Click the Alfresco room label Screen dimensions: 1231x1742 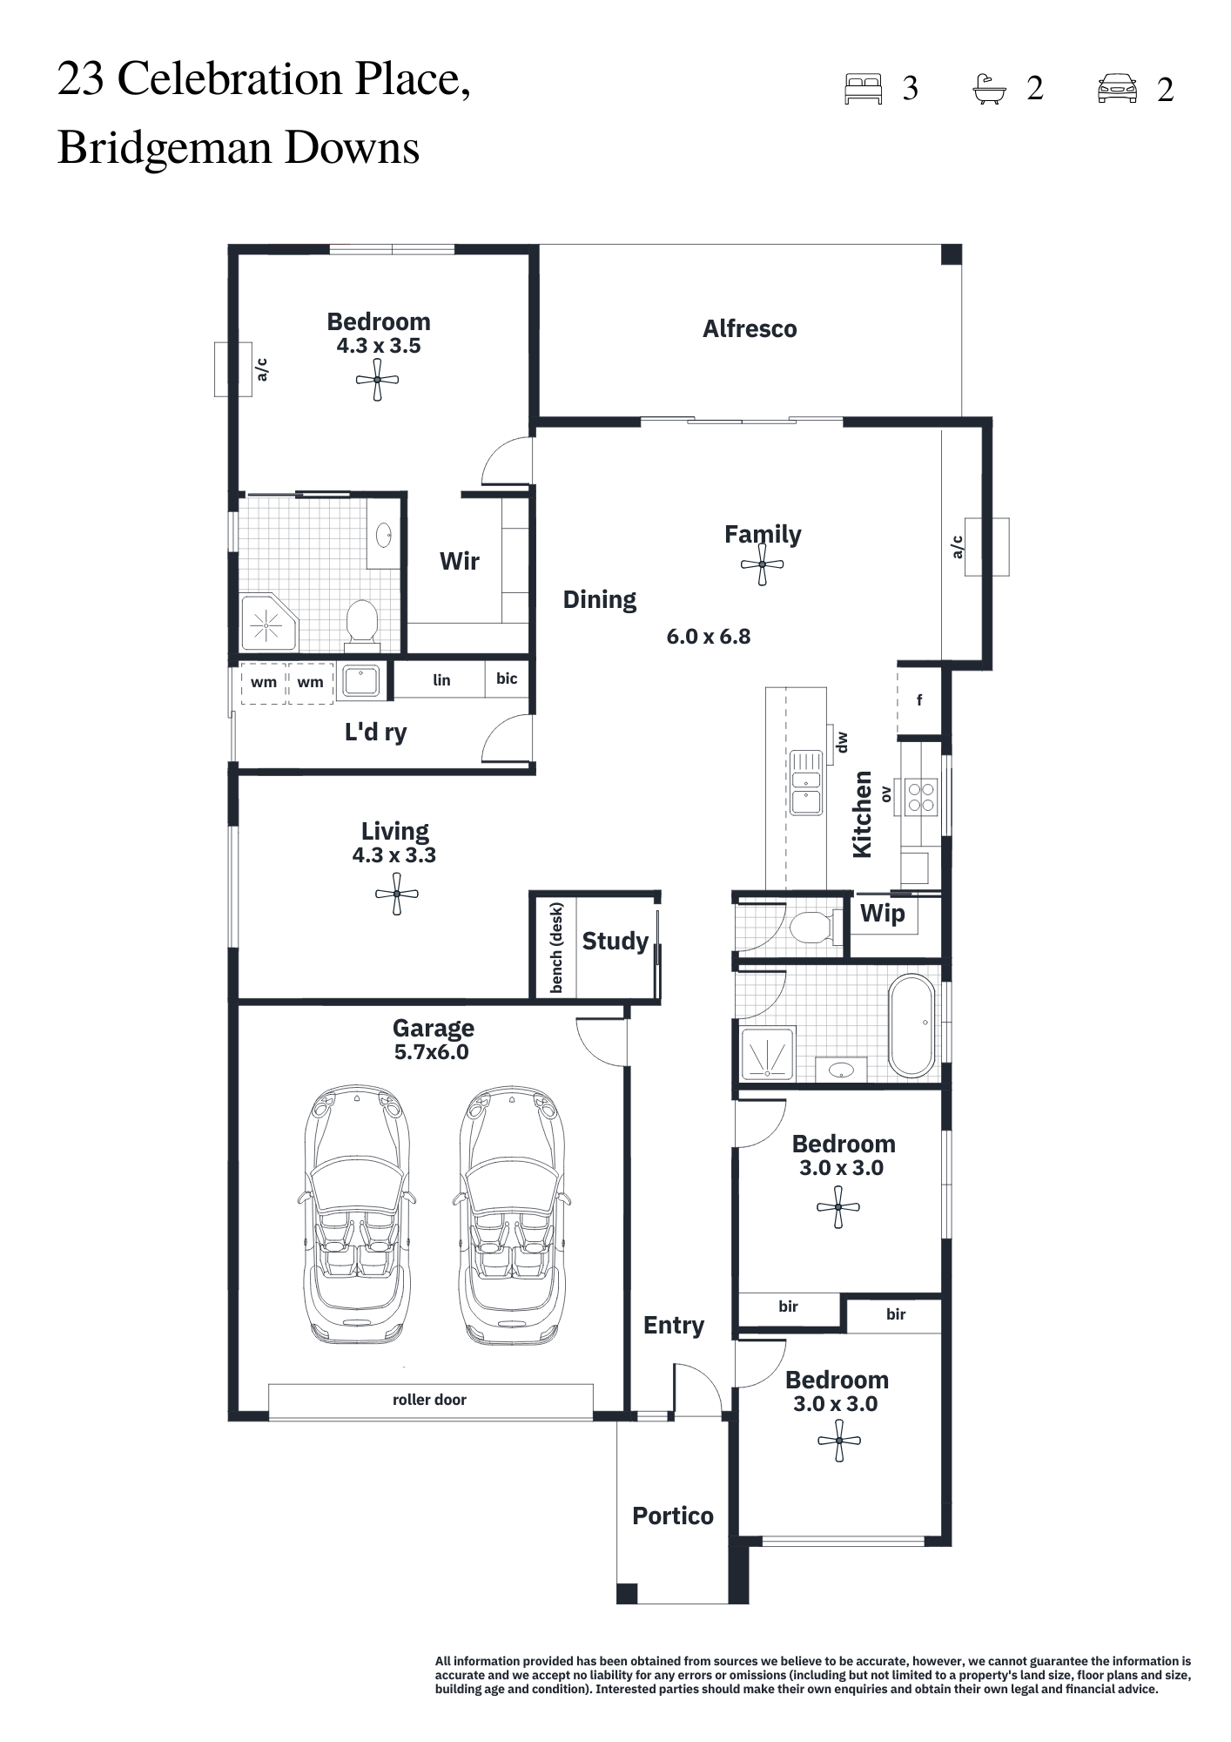pos(750,329)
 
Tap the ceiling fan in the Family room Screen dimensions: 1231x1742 pos(763,565)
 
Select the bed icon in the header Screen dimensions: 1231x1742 pos(864,89)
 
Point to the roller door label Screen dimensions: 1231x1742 pos(429,1400)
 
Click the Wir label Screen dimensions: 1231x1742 pos(460,561)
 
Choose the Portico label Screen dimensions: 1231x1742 pos(673,1516)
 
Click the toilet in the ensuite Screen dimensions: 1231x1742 pos(362,624)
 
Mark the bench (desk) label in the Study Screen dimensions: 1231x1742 pos(557,948)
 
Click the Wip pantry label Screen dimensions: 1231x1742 pos(883,914)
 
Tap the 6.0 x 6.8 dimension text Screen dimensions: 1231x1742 pos(709,637)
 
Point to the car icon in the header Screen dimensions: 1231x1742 pos(1117,89)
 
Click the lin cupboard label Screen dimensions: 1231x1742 pos(441,680)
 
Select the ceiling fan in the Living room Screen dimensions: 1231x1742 pos(397,895)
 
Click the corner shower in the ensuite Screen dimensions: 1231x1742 pos(268,624)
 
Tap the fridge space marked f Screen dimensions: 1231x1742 pos(919,700)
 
